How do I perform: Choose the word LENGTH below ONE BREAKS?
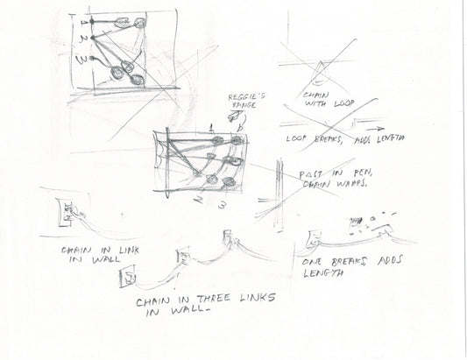pos(321,273)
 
